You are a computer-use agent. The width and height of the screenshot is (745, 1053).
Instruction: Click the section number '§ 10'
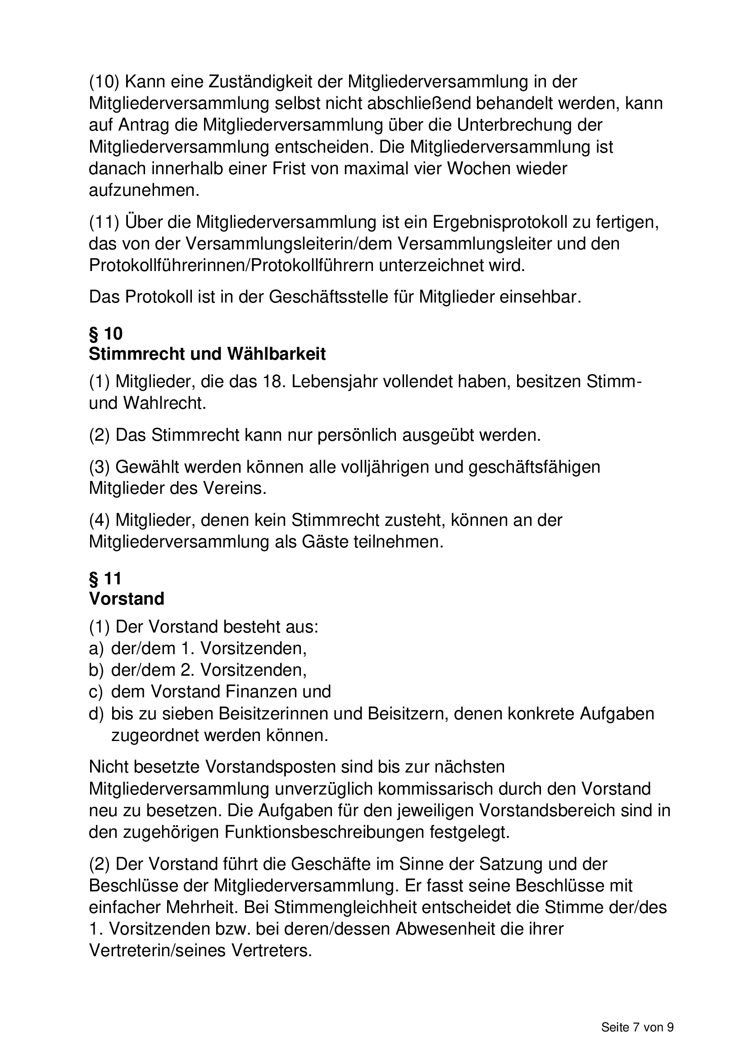point(105,334)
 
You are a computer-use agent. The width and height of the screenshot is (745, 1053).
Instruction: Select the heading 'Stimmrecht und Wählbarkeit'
point(207,354)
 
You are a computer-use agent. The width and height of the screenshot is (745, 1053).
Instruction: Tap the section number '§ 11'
point(105,578)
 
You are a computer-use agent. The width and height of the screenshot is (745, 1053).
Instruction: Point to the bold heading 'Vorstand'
point(126,599)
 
